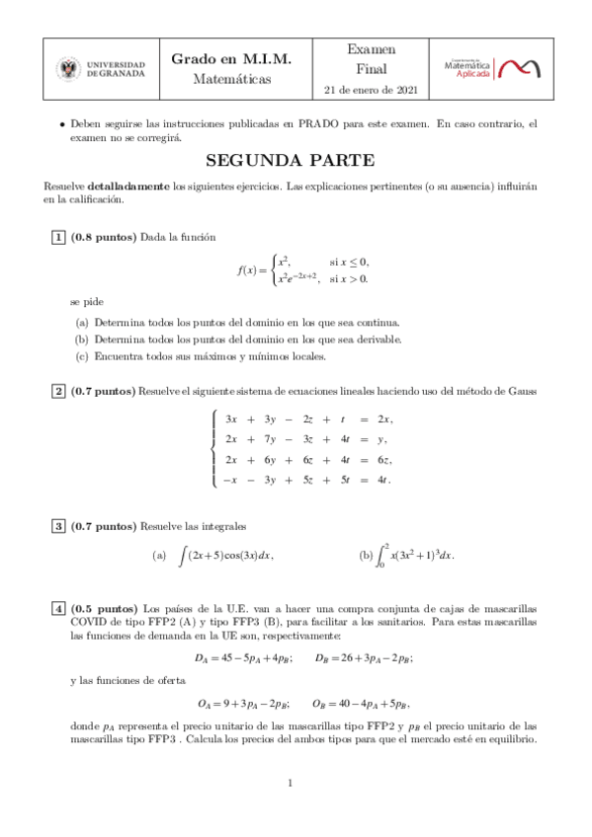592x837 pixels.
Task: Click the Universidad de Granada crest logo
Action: (69, 69)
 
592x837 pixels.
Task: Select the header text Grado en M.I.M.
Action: (231, 59)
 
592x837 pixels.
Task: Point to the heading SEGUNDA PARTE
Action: (291, 161)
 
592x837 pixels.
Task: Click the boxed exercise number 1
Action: (59, 238)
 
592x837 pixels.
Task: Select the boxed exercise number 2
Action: (59, 392)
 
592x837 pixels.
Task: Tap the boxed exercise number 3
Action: (59, 526)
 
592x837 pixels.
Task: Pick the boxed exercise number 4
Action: (59, 608)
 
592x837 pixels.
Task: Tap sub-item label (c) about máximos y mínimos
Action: (82, 356)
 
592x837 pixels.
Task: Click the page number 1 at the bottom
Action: (291, 784)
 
